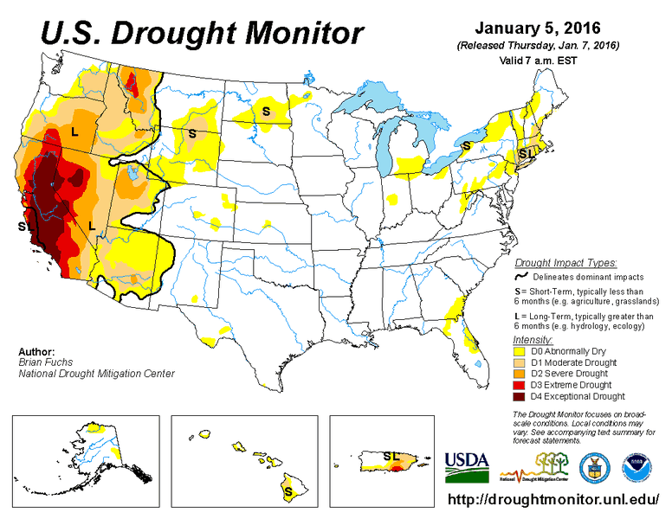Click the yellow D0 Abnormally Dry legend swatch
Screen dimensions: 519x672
pyautogui.click(x=520, y=352)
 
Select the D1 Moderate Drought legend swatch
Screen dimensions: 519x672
pyautogui.click(x=520, y=363)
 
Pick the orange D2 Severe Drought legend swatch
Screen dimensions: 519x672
pyautogui.click(x=520, y=375)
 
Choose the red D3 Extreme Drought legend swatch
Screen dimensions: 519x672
pyautogui.click(x=520, y=386)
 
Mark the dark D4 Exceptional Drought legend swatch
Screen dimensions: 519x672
pyautogui.click(x=520, y=397)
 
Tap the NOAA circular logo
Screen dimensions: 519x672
pyautogui.click(x=640, y=467)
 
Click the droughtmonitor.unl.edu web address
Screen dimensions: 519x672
pyautogui.click(x=555, y=501)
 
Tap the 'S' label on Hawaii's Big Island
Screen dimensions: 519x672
pyautogui.click(x=288, y=490)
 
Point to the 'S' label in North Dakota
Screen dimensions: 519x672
pyautogui.click(x=267, y=111)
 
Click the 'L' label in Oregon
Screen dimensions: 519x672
pyautogui.click(x=74, y=132)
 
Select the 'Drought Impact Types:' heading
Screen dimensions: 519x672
pyautogui.click(x=565, y=262)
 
